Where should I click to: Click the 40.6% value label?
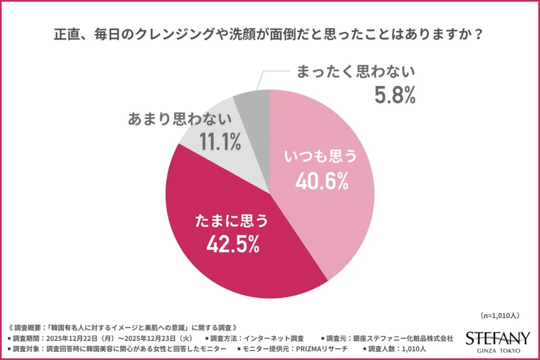tap(321, 181)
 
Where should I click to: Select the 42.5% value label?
tap(233, 245)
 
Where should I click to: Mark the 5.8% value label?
tap(395, 95)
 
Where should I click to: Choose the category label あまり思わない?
tap(180, 120)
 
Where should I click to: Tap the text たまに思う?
tap(232, 220)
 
